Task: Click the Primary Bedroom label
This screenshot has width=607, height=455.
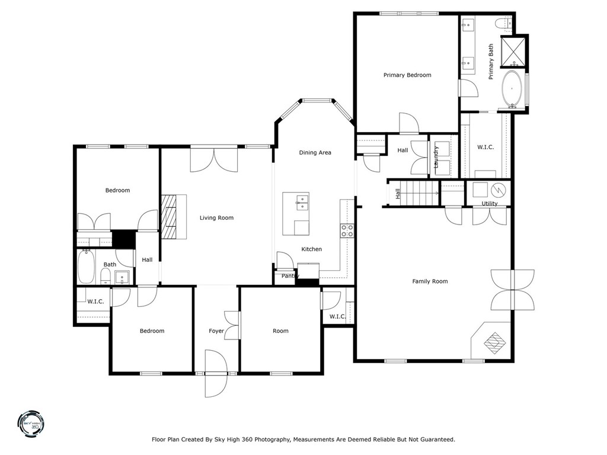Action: click(407, 75)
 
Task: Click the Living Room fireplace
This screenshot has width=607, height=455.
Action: click(172, 217)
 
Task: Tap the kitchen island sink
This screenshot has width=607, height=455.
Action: click(301, 204)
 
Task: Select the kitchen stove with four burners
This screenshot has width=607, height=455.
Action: click(347, 230)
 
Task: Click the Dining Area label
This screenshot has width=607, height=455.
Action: click(315, 153)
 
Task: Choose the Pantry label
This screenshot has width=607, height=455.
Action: click(290, 276)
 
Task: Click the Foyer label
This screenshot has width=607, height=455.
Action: click(216, 331)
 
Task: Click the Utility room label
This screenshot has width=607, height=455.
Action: click(490, 204)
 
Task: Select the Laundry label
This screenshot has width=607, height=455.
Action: click(436, 157)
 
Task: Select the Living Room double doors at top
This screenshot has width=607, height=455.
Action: click(213, 159)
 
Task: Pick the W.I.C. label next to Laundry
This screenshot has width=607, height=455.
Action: click(485, 147)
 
